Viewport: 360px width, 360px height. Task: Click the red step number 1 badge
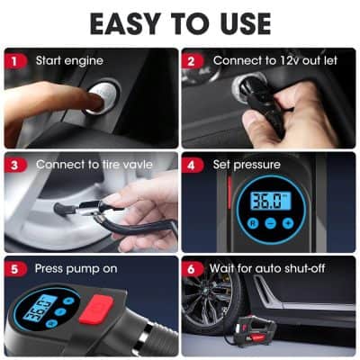14,60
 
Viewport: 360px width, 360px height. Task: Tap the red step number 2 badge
192,60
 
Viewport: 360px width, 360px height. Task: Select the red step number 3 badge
14,165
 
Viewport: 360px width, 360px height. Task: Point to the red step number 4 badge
192,165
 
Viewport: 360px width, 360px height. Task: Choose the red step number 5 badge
14,268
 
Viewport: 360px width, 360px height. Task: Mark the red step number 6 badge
192,268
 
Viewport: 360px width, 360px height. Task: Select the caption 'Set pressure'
247,165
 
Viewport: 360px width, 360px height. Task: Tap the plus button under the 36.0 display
287,222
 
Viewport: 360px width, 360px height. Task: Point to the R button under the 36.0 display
253,222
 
